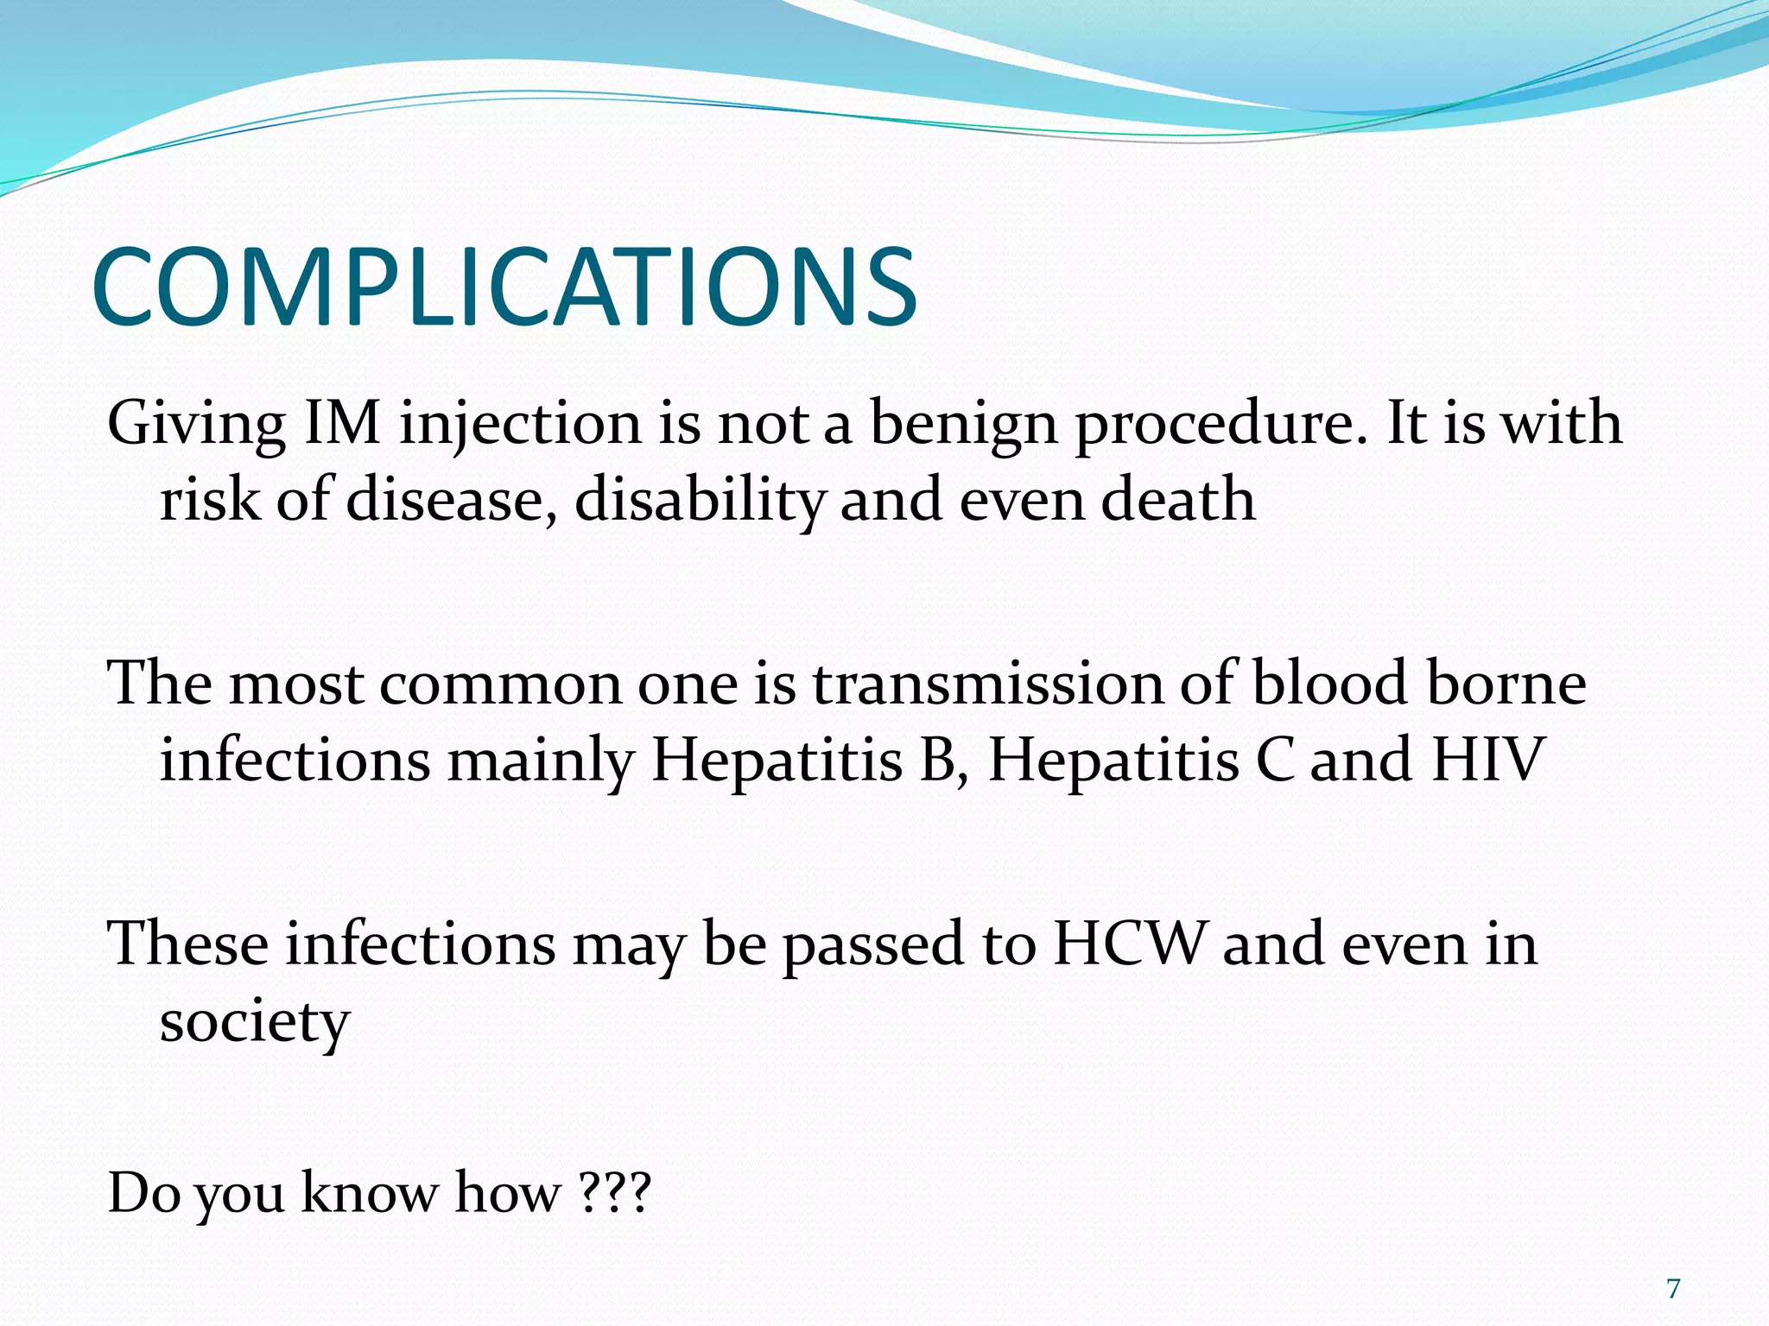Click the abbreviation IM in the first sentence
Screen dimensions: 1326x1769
342,424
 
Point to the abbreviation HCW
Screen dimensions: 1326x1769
1129,943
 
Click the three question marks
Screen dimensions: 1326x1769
614,1194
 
